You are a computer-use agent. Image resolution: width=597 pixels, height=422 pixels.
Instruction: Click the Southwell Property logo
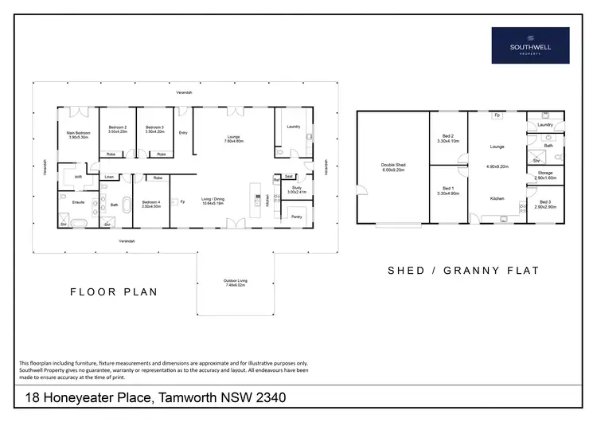(530, 45)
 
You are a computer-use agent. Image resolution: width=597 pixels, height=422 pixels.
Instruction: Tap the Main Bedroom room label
(78, 135)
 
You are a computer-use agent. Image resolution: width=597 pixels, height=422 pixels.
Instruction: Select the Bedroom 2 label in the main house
(118, 129)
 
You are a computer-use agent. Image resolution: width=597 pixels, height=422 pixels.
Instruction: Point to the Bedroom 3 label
(154, 129)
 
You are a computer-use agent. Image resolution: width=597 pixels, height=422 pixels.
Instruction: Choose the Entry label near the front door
(183, 133)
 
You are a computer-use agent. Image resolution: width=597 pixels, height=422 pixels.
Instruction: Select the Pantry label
(296, 217)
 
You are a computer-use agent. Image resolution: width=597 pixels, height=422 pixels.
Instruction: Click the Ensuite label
(78, 202)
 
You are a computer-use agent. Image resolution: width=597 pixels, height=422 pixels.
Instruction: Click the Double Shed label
(393, 168)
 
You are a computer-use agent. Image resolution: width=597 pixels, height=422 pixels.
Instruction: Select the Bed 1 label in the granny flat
(447, 190)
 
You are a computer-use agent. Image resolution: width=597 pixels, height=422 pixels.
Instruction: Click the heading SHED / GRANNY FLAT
(462, 271)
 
